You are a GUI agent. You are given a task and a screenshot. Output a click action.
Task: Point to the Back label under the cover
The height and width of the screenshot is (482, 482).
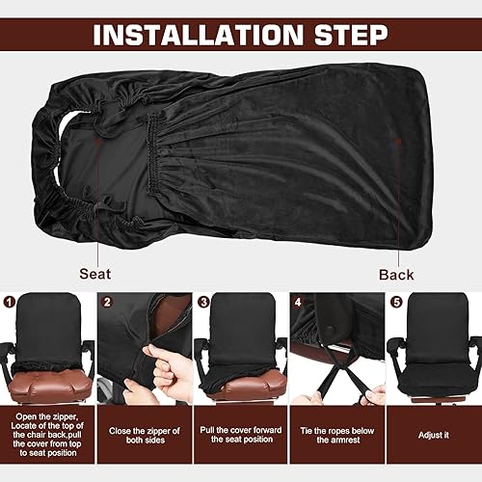[395, 274]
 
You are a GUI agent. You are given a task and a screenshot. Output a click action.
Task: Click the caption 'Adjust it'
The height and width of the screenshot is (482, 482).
[435, 435]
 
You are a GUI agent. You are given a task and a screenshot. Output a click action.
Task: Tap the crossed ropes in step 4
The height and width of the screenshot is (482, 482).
[335, 376]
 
